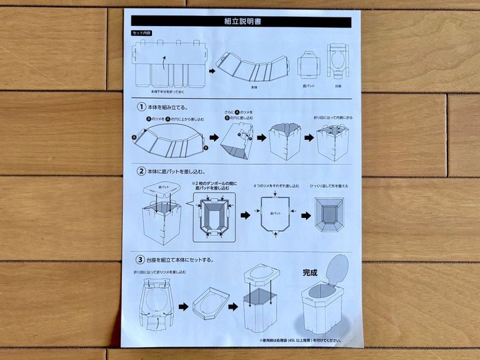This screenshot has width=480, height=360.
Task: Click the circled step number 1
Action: pyautogui.click(x=141, y=107)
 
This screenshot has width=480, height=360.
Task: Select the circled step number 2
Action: pyautogui.click(x=141, y=171)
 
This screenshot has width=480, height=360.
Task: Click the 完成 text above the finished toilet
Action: pyautogui.click(x=311, y=272)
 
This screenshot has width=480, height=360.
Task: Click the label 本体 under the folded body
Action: pyautogui.click(x=253, y=87)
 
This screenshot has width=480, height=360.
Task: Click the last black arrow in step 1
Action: pyautogui.click(x=309, y=138)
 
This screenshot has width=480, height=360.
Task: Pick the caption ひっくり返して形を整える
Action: pyautogui.click(x=328, y=186)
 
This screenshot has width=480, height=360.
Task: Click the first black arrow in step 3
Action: pyautogui.click(x=181, y=308)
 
